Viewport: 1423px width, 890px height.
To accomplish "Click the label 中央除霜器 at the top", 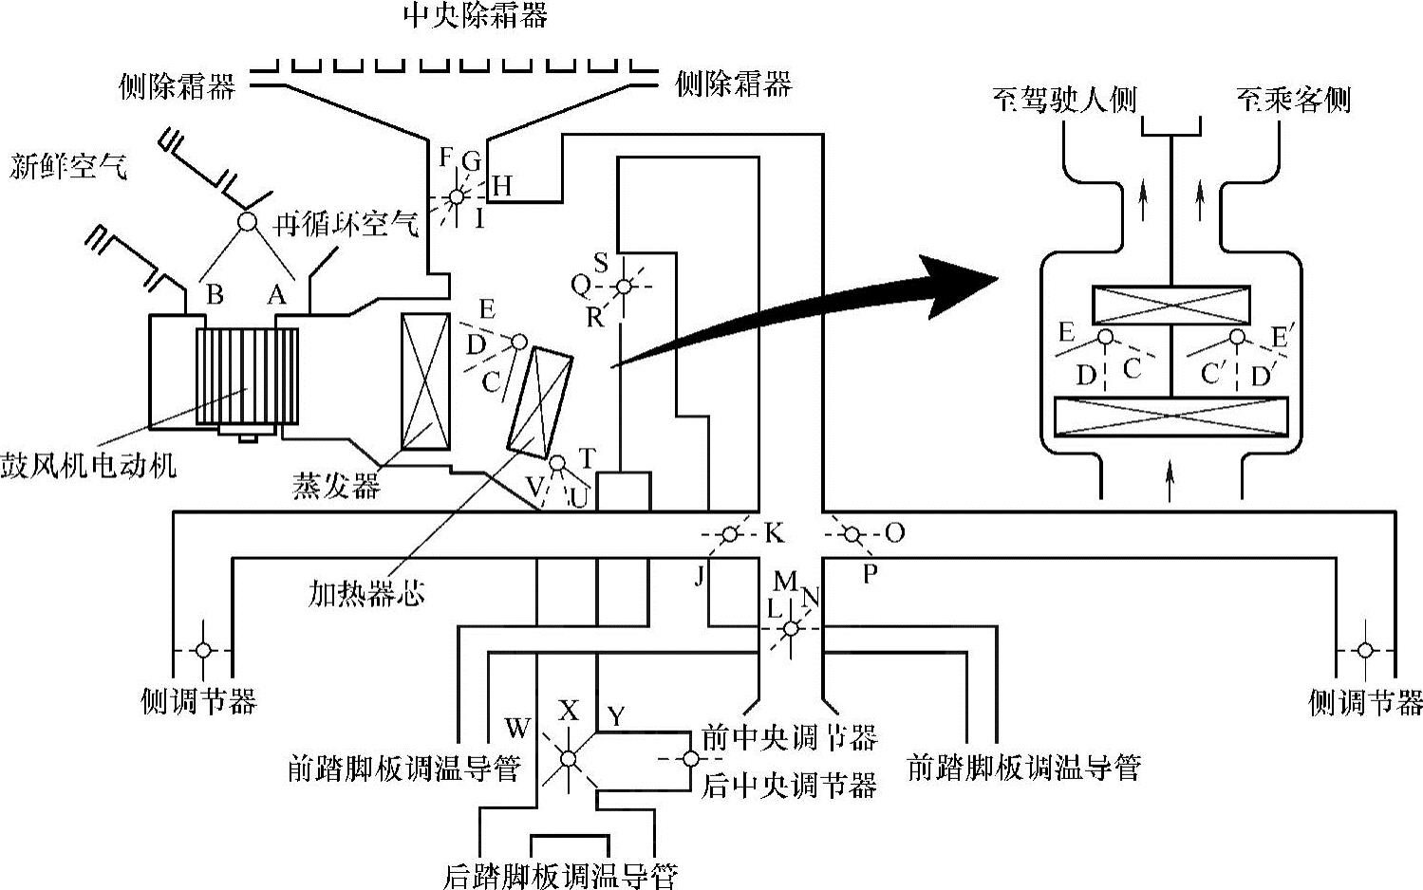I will pos(475,15).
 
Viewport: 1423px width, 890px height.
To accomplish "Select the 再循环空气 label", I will pos(346,224).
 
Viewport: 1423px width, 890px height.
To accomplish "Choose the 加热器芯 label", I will pos(366,594).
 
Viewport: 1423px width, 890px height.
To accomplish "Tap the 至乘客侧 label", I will pos(1293,99).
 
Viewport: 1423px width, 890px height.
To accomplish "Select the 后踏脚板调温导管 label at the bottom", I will pos(560,875).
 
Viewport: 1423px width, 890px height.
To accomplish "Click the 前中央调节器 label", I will pos(788,735).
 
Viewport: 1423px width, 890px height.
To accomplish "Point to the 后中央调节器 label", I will pos(788,785).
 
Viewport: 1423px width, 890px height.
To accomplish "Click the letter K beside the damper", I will pos(775,533).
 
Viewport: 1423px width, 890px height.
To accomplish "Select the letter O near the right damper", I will pos(893,532).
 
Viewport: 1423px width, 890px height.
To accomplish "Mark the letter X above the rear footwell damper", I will pos(568,711).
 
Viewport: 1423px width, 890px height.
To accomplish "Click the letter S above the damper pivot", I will pos(601,263).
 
